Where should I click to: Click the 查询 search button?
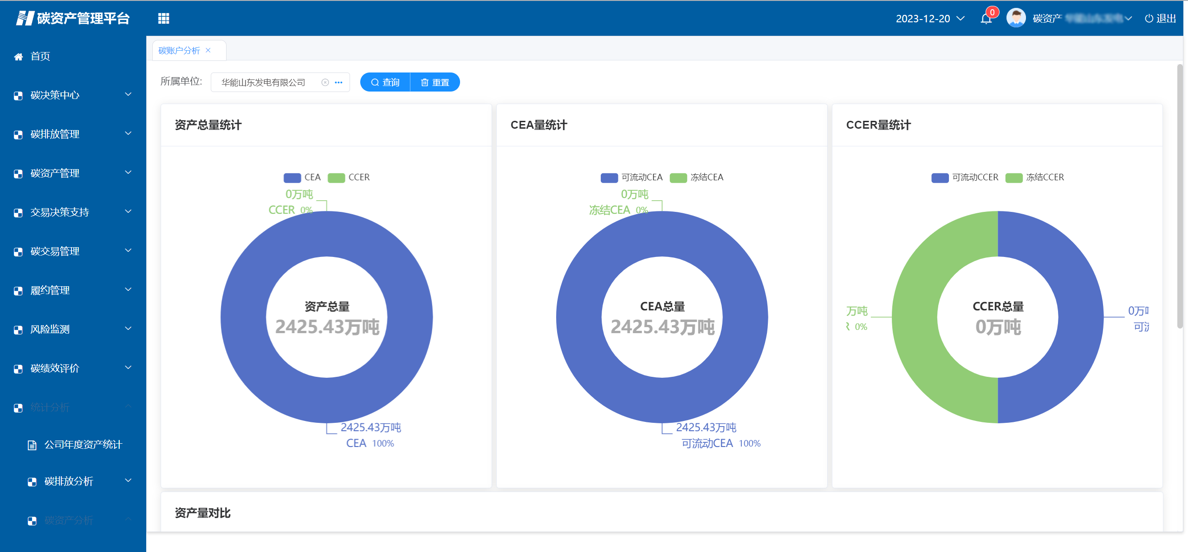[x=385, y=82]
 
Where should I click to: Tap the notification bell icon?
[x=986, y=19]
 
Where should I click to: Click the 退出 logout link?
[x=1160, y=19]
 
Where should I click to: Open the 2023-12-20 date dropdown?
[x=930, y=19]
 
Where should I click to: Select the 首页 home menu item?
[x=40, y=57]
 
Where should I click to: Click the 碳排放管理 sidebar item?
[x=55, y=134]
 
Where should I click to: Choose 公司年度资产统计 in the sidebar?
[x=83, y=445]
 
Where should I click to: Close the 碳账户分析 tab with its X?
[x=208, y=50]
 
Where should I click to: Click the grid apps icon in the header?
[x=163, y=19]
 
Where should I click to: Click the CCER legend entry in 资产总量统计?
[x=349, y=177]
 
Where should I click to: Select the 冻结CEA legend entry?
[x=697, y=177]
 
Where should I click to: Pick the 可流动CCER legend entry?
[x=965, y=177]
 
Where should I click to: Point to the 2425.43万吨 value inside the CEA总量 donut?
[x=662, y=327]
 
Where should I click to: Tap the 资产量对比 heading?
[x=203, y=513]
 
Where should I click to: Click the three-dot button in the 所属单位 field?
[x=339, y=83]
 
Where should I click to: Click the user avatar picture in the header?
[x=1016, y=19]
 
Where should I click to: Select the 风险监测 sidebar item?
[x=50, y=329]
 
